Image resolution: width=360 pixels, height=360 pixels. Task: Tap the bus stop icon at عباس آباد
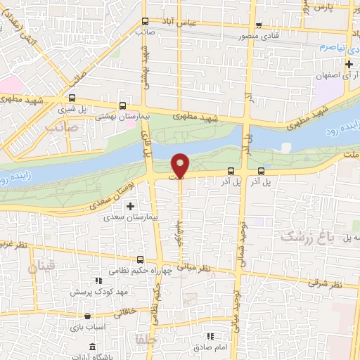coord(145,21)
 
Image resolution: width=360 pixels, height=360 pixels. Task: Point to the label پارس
coord(322,6)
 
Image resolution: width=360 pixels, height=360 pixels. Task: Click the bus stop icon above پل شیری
coord(72,98)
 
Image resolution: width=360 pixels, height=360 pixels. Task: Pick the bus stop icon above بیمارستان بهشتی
coord(123,105)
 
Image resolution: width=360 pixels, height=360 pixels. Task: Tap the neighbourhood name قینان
coord(40,268)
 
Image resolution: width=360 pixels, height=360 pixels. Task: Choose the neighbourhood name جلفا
coord(144,340)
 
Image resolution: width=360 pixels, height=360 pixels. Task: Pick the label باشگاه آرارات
coord(105,354)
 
